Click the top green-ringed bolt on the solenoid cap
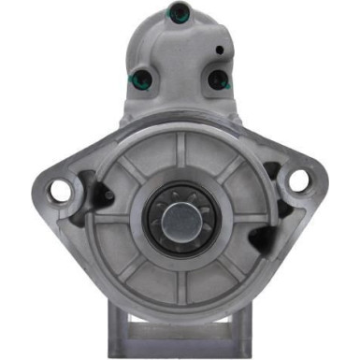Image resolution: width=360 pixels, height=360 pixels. point(177,12)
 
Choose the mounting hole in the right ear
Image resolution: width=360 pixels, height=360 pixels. point(299,180)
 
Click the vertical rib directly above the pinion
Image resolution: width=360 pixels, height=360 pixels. point(180,150)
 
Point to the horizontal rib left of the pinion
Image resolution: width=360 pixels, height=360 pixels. point(117,220)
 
